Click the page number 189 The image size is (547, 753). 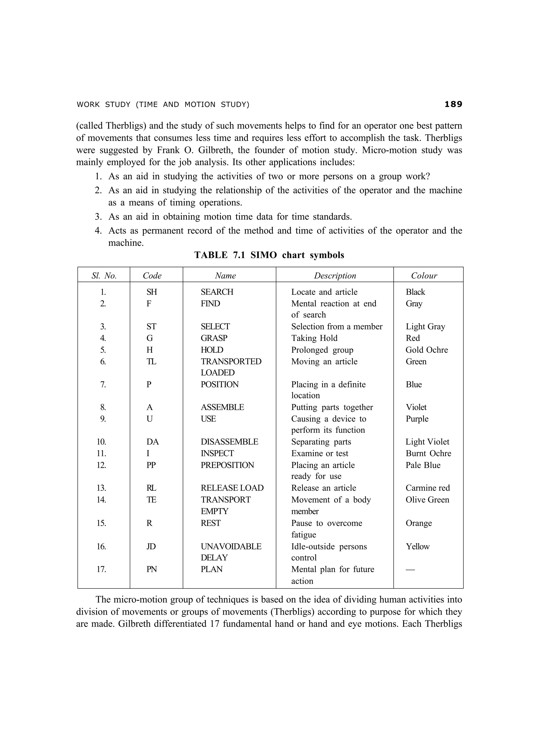point(453,104)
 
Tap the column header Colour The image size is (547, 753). point(424,275)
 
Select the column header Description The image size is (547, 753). point(335,275)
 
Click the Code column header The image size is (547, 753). point(152,275)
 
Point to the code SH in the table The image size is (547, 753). point(152,292)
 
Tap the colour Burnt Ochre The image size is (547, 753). point(428,453)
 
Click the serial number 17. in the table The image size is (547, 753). point(101,569)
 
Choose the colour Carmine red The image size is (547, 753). point(428,488)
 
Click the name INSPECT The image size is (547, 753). point(217,453)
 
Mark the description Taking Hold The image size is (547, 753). point(314,338)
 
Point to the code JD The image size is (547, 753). point(151,546)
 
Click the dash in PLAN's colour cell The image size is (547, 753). point(410,569)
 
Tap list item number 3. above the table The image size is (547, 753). point(98,217)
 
